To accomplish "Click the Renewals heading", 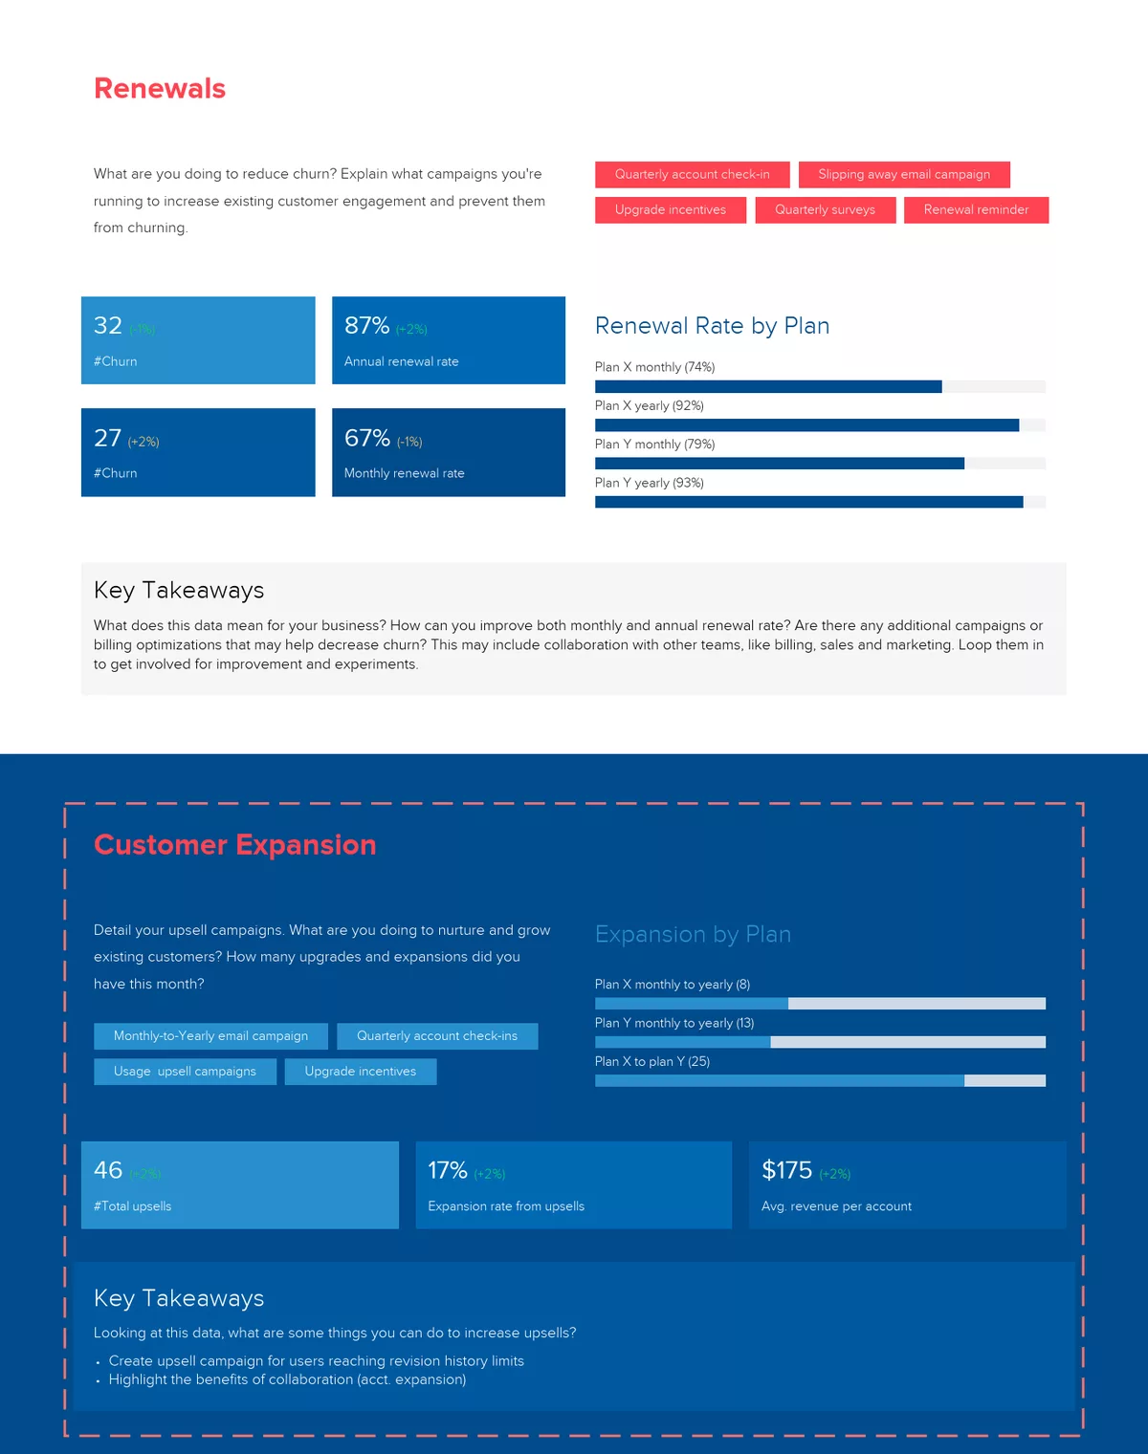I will pos(160,89).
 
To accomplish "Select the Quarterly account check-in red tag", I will pos(692,175).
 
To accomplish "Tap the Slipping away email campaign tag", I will pos(904,175).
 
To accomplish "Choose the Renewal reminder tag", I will pos(976,210).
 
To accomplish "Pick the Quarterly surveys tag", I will pos(825,210).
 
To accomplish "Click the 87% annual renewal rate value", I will pos(367,326).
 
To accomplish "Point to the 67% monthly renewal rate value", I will pos(367,439).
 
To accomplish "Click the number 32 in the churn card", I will pos(108,326).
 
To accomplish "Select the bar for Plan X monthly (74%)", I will pos(768,387).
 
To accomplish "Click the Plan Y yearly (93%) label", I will pos(650,483).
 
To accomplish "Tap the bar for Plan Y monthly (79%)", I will pos(780,464).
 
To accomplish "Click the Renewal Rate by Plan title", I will pos(712,326).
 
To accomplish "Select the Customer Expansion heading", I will pos(235,845).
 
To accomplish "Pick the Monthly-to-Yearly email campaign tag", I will pos(210,1036).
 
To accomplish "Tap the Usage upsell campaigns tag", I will pos(185,1072).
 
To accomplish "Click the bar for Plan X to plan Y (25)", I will pos(780,1081).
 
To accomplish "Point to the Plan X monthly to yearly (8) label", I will pos(673,985).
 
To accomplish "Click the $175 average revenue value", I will pos(786,1170).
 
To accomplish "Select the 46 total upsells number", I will pos(108,1170).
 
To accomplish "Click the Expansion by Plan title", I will pos(693,934).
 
